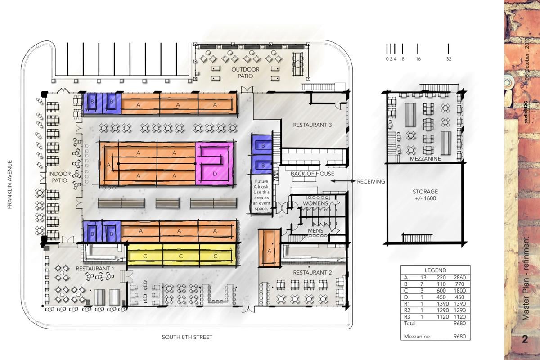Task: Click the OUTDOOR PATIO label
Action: [245, 72]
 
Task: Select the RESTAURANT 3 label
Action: [312, 125]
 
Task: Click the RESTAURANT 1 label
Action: [94, 269]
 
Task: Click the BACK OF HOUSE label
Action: [312, 174]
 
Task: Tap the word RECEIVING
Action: [371, 182]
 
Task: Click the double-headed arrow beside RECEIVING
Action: [342, 181]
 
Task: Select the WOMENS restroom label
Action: [315, 203]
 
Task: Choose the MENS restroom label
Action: [315, 231]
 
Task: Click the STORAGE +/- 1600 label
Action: [425, 195]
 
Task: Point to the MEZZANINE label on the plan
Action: [425, 159]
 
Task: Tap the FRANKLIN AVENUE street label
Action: [9, 185]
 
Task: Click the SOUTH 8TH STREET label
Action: [187, 337]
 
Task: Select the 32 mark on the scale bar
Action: [449, 59]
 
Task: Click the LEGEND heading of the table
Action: [435, 270]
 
